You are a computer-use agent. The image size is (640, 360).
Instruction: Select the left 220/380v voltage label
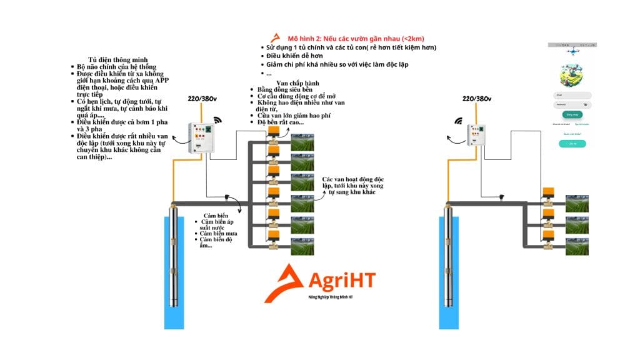click(x=201, y=99)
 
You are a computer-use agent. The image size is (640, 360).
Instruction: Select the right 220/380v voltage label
click(x=476, y=98)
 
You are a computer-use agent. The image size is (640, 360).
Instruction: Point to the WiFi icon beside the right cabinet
click(x=458, y=121)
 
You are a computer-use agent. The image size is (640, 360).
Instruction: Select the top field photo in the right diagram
click(x=576, y=204)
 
